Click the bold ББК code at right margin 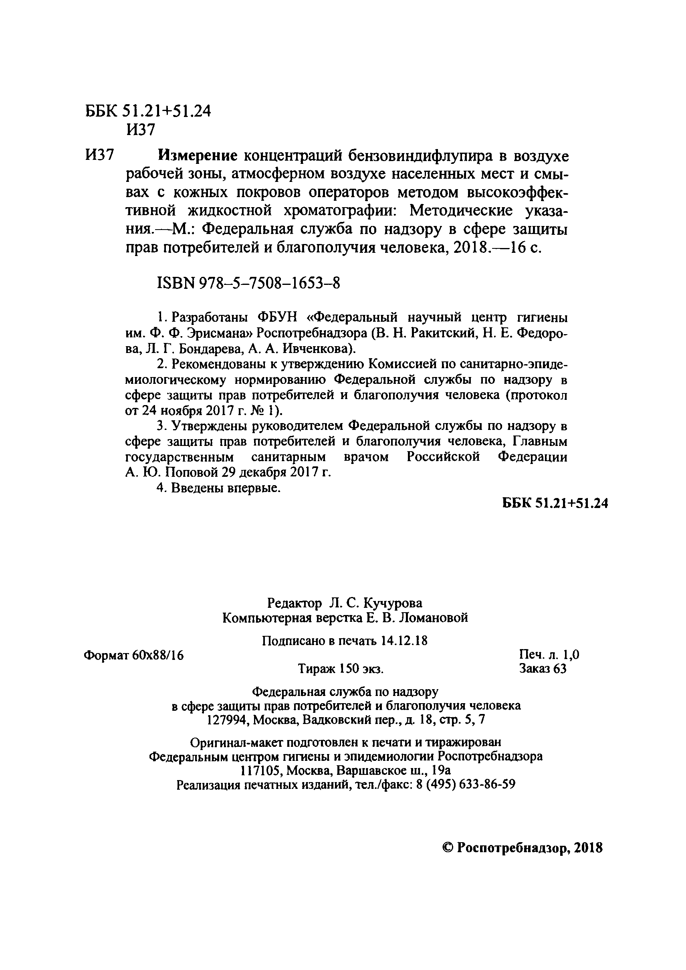[x=555, y=503]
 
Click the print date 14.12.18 [x=404, y=641]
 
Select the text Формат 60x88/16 [x=134, y=655]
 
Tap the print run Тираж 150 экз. [x=341, y=669]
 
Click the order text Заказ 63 [x=543, y=669]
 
